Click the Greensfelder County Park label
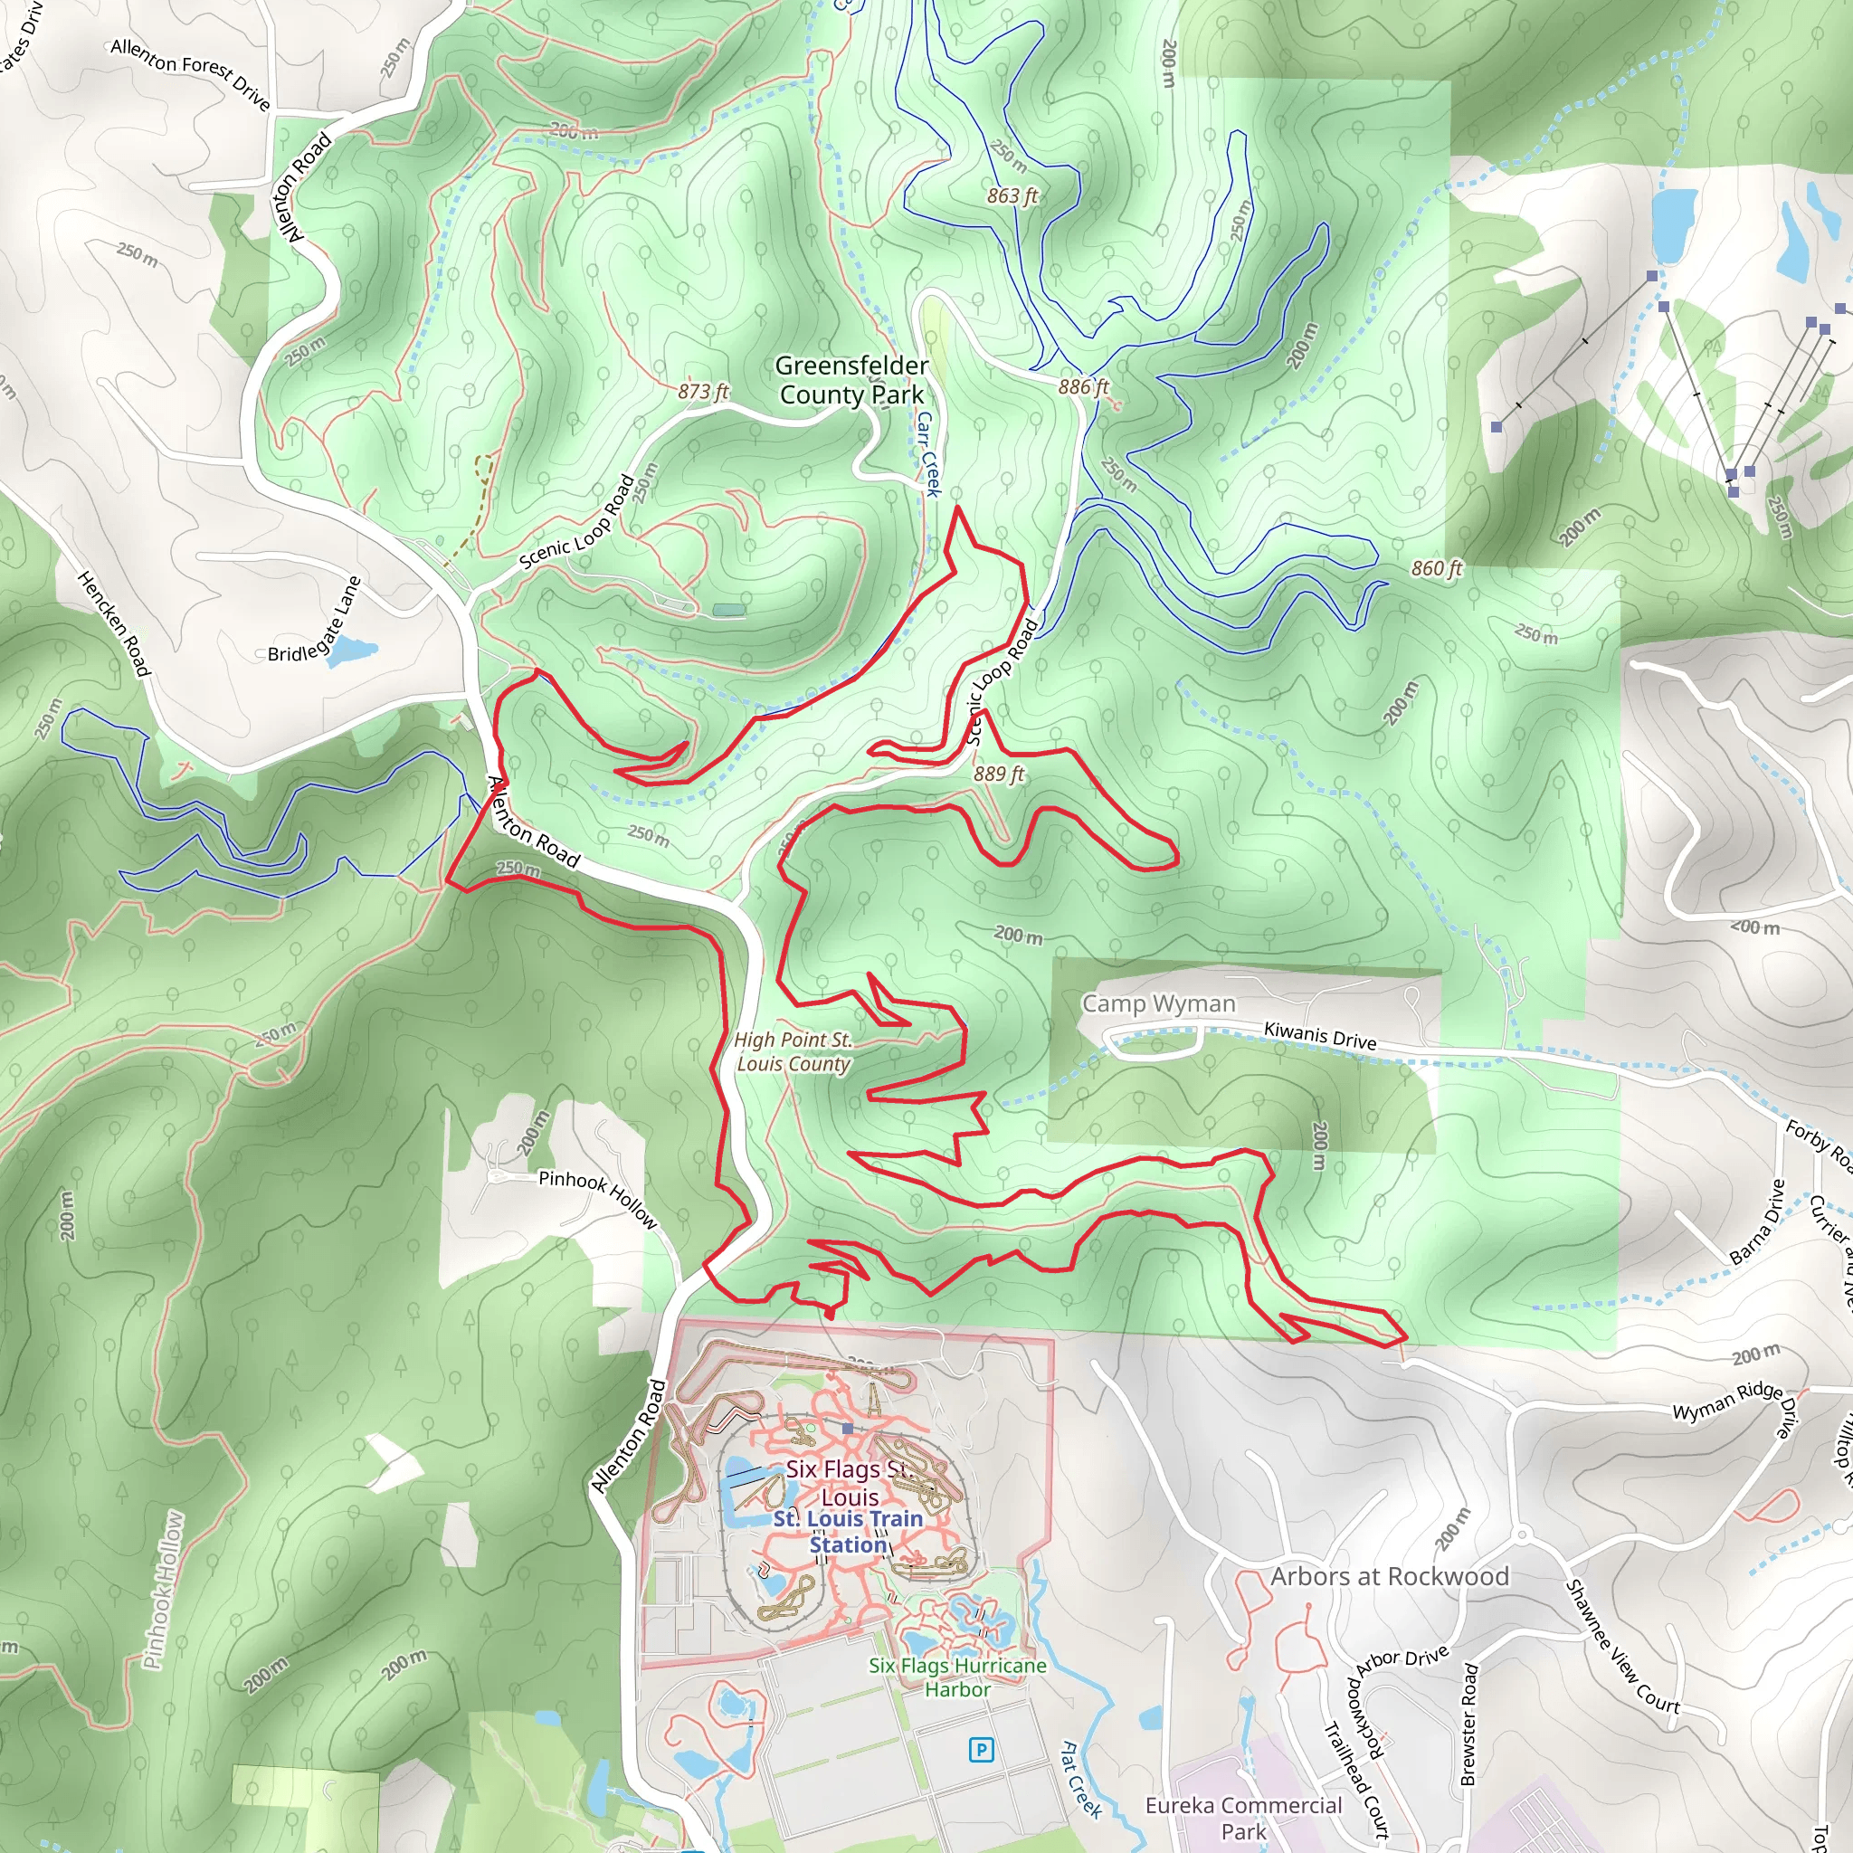(x=850, y=380)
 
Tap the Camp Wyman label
(x=1159, y=1003)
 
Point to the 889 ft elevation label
(x=999, y=773)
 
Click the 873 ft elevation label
(x=703, y=391)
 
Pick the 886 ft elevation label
(x=1084, y=386)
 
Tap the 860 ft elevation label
(x=1436, y=569)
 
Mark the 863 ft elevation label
(x=1012, y=195)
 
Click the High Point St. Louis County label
(x=793, y=1052)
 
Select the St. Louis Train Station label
(x=848, y=1532)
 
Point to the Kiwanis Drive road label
(x=1320, y=1035)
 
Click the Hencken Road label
(x=113, y=622)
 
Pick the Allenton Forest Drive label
(x=190, y=73)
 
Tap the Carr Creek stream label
(x=926, y=453)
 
